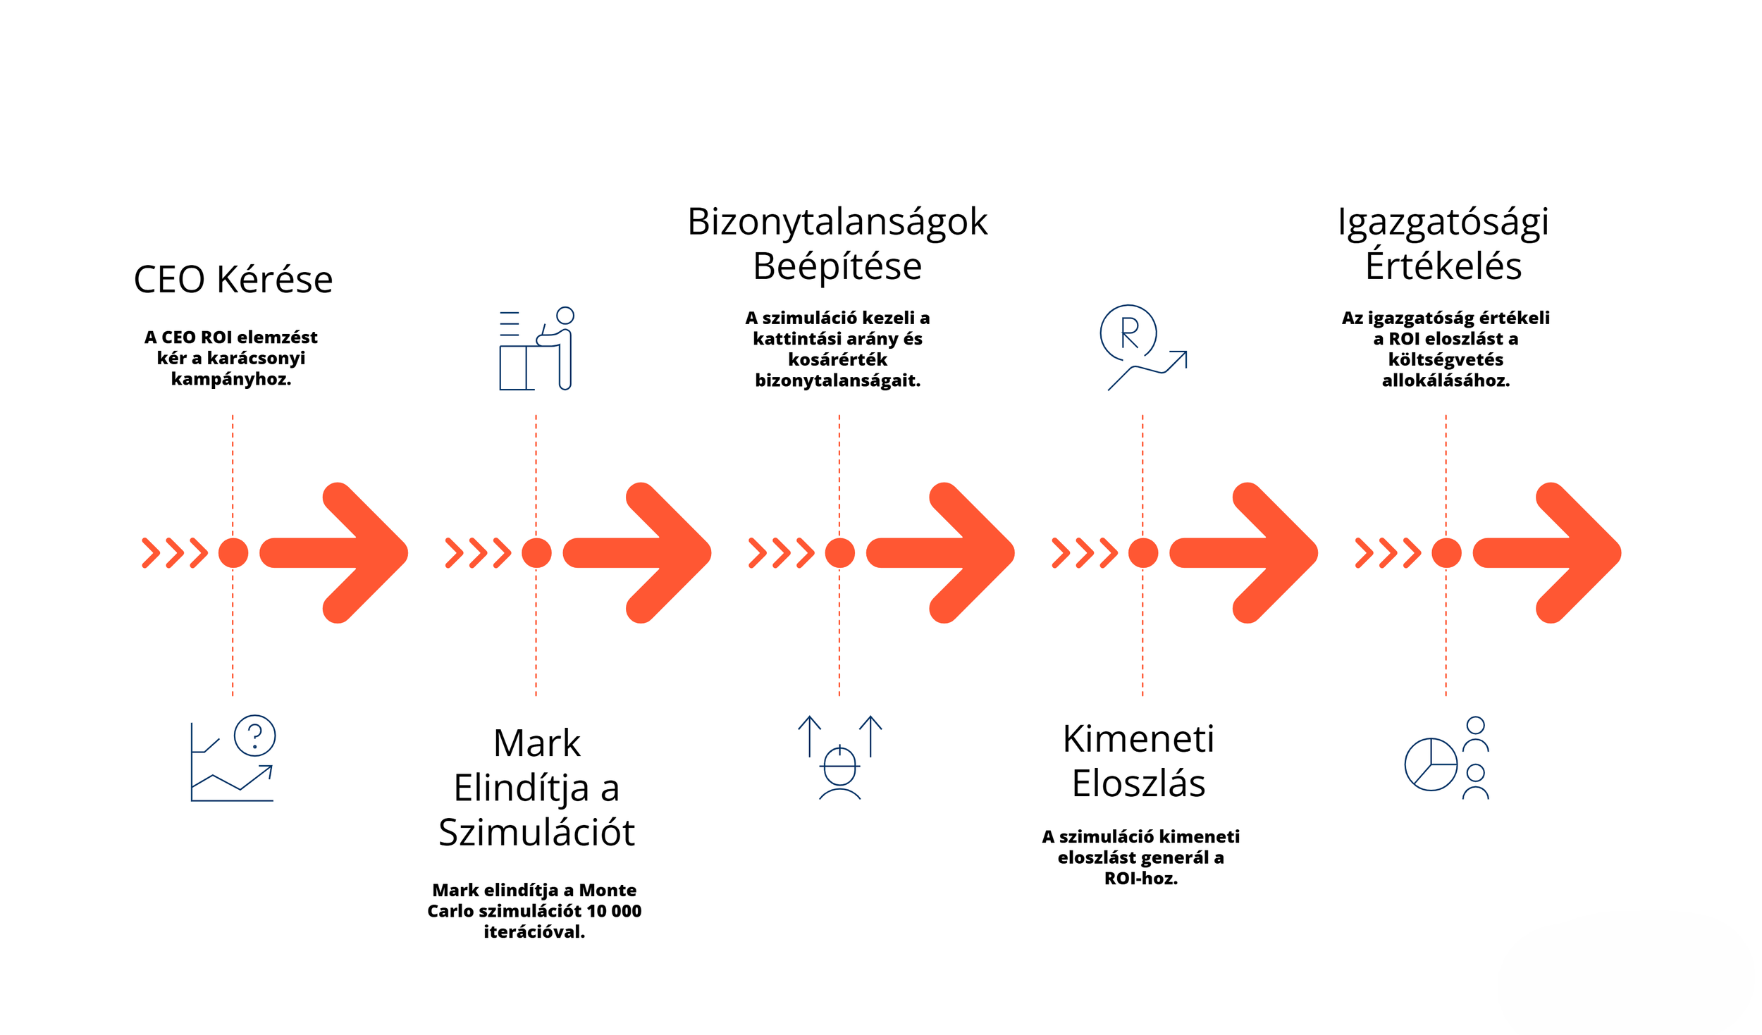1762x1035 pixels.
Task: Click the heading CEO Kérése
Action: pos(233,280)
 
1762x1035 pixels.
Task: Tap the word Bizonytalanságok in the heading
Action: pos(837,222)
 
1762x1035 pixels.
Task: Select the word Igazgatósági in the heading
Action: pos(1443,222)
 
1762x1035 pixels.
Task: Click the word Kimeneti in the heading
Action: pos(1138,739)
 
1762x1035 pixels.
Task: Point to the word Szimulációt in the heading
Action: pos(536,832)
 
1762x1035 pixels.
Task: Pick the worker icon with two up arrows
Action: pos(839,758)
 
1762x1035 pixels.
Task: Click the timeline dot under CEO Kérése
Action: pos(233,552)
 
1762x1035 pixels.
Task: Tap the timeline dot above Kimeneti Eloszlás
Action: pos(1142,552)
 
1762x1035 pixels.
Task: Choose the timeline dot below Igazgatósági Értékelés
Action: pos(1446,552)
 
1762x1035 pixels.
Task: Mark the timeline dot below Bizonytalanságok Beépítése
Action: pos(839,552)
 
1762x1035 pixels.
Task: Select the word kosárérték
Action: pos(837,359)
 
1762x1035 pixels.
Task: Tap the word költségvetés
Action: pos(1446,359)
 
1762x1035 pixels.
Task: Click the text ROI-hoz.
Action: pos(1140,878)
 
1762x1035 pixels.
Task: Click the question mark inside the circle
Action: pos(254,736)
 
